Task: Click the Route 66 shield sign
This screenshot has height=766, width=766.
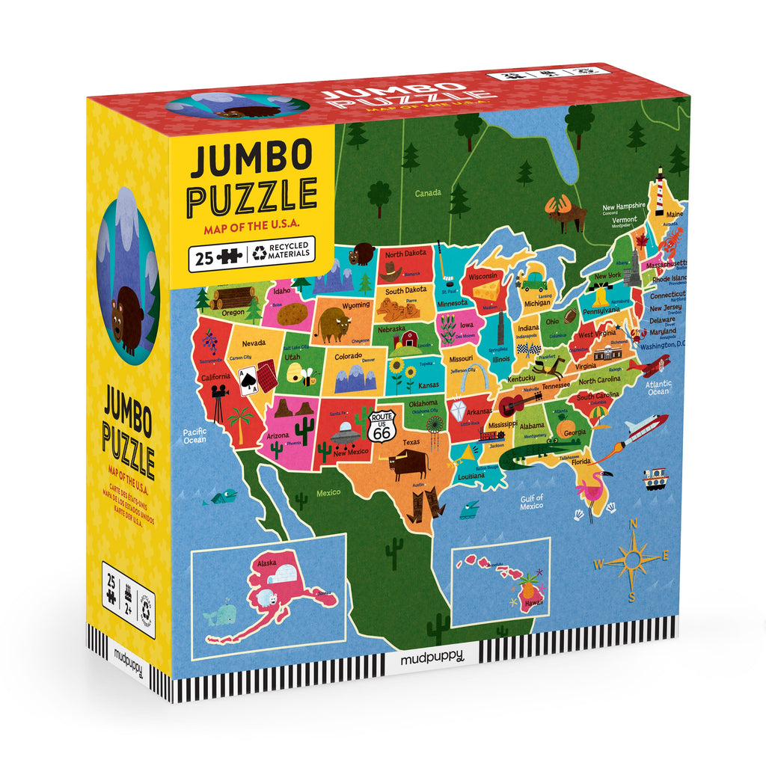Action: point(382,426)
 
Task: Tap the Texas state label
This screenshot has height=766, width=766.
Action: point(412,442)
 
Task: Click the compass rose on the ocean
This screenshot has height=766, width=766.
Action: point(632,557)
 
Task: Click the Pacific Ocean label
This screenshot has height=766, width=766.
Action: point(194,435)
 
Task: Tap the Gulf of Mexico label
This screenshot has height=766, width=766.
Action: point(532,502)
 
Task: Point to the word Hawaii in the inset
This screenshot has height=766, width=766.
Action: point(533,601)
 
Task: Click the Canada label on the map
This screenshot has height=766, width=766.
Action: point(429,194)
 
